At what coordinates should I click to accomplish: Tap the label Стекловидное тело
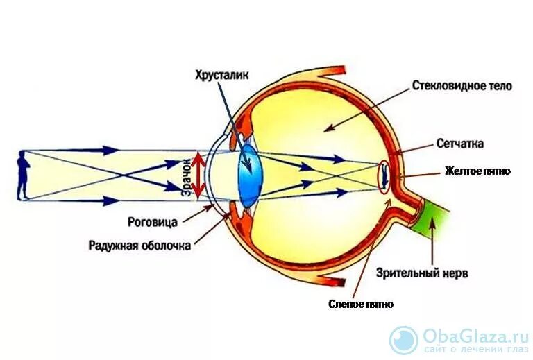(x=462, y=87)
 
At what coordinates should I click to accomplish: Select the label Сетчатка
(x=460, y=144)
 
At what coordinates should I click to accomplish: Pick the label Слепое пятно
(x=361, y=305)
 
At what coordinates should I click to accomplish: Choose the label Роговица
(x=153, y=223)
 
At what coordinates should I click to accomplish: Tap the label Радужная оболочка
(x=139, y=246)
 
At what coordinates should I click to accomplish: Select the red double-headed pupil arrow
(x=198, y=175)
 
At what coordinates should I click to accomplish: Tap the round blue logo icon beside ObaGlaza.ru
(x=404, y=341)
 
